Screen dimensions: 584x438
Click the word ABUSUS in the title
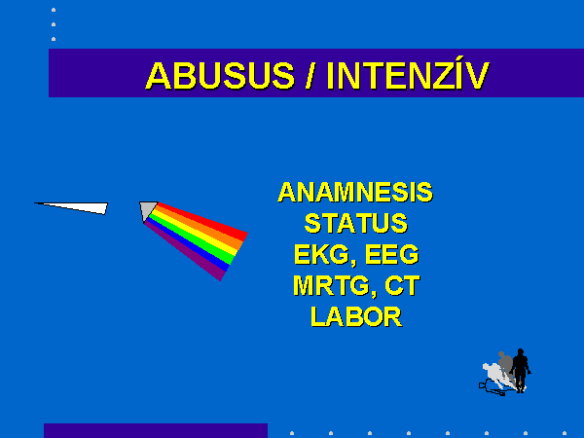click(220, 76)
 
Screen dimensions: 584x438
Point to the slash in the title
click(310, 76)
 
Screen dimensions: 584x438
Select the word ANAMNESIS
click(355, 192)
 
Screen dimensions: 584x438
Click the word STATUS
click(356, 223)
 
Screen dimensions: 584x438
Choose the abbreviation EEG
click(392, 254)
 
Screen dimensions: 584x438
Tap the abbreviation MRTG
click(332, 286)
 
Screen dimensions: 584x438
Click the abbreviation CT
click(402, 285)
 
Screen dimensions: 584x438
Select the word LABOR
click(356, 317)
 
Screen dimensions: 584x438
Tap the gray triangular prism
click(147, 210)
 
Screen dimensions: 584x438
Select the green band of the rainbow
click(192, 238)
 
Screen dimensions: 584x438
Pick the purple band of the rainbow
click(185, 250)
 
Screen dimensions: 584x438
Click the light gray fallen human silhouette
click(497, 376)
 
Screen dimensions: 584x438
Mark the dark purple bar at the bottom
click(156, 430)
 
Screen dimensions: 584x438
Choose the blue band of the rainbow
click(189, 244)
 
